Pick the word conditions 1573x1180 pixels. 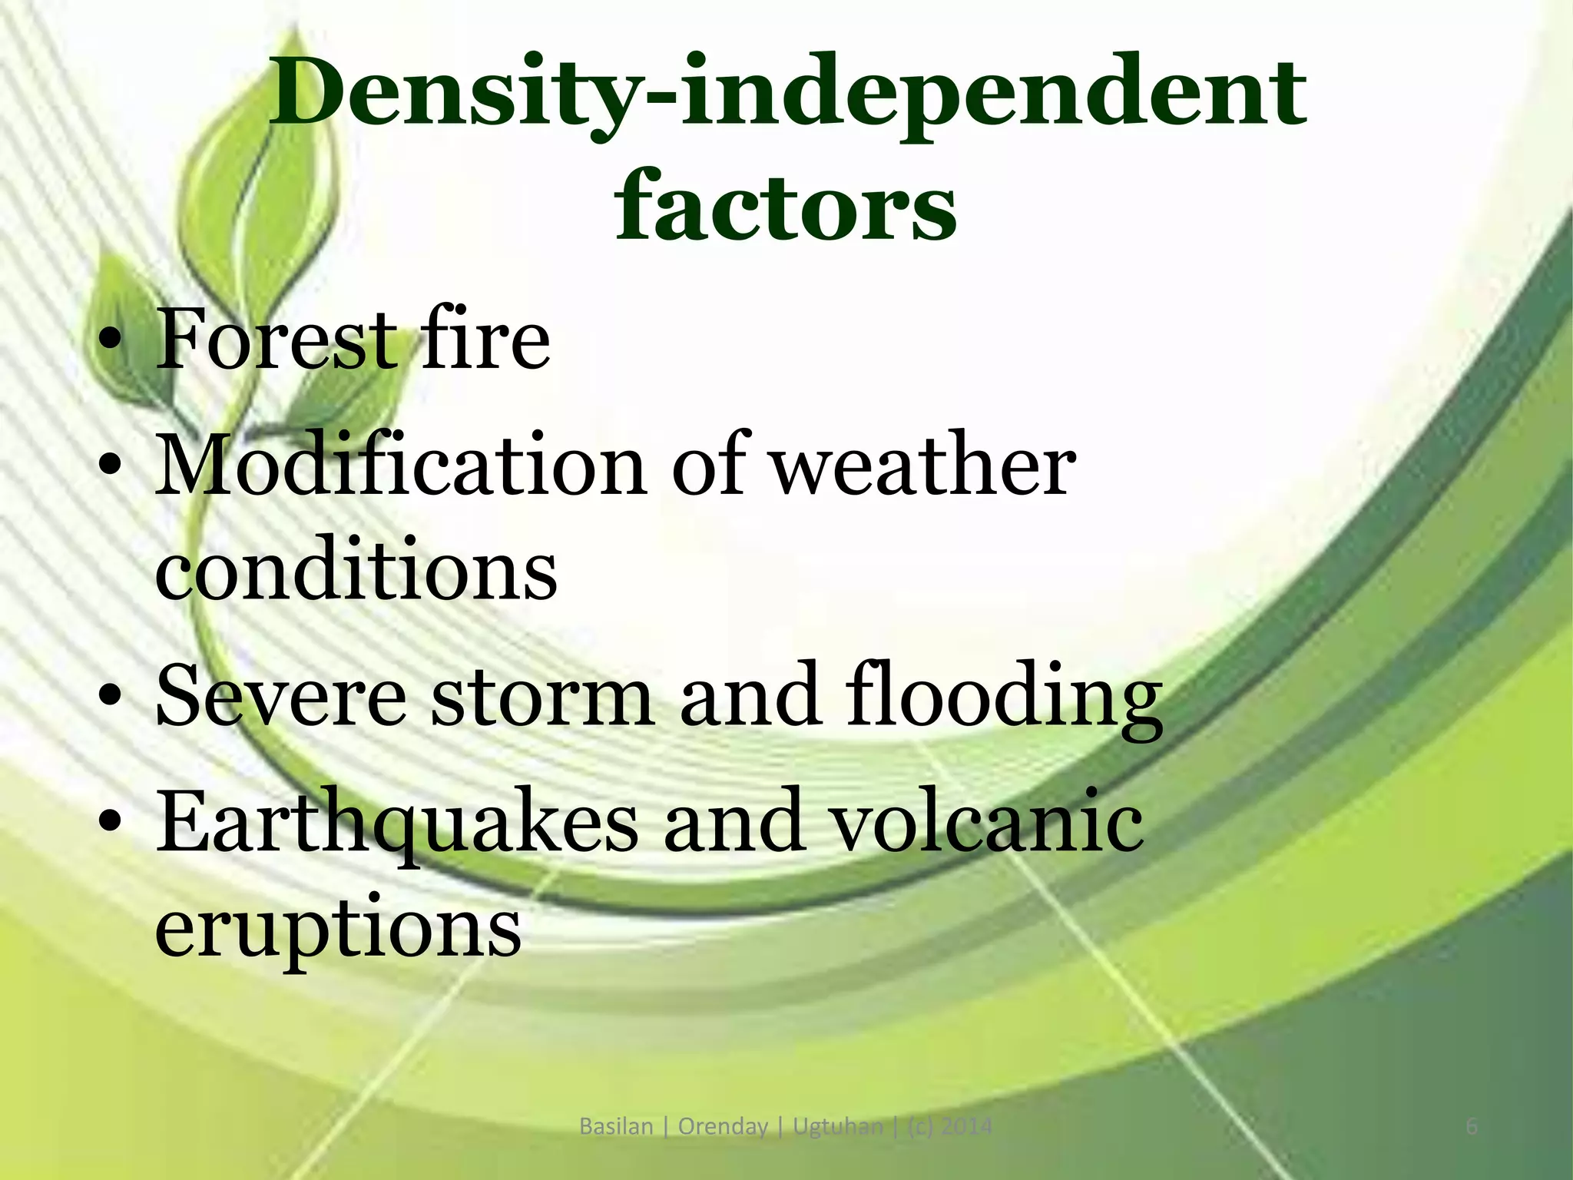point(356,571)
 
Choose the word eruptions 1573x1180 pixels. point(338,930)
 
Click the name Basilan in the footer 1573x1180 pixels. point(616,1126)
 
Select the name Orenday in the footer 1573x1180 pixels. point(722,1127)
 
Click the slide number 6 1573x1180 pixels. point(1472,1126)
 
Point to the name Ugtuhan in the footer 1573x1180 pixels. point(838,1127)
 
